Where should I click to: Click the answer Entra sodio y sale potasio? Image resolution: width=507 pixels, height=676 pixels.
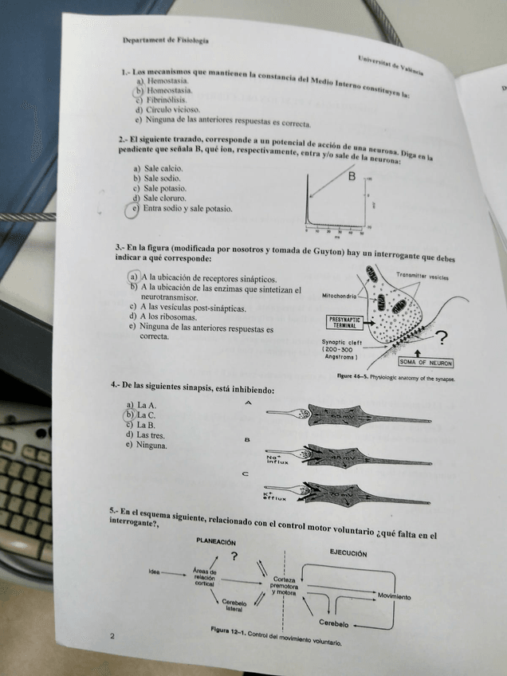point(187,209)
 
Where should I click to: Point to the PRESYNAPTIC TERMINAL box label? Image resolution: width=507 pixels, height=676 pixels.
point(344,322)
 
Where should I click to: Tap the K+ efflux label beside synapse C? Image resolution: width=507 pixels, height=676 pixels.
point(273,496)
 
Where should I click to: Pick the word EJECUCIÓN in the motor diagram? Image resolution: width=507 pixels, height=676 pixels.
point(348,552)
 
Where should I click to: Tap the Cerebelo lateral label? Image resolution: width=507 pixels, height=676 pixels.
point(234,606)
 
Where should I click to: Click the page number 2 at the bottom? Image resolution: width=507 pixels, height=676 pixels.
point(112,635)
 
